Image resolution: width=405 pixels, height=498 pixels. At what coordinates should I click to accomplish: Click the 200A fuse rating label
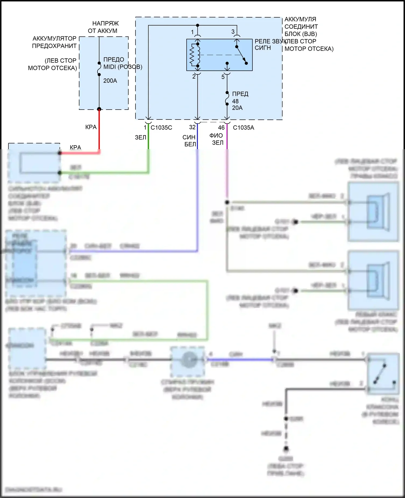(110, 81)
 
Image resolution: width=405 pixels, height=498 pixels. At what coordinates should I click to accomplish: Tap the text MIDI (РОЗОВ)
(123, 67)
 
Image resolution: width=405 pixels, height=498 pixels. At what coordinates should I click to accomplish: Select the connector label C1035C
(161, 128)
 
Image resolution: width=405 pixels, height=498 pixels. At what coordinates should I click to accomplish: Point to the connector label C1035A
(243, 128)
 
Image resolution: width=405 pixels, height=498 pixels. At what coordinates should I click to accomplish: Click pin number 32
(192, 127)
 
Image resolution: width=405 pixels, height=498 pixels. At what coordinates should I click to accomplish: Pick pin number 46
(221, 128)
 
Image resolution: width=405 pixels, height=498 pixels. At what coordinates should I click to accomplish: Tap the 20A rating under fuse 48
(237, 108)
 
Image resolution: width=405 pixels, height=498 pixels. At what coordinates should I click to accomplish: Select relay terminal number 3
(233, 32)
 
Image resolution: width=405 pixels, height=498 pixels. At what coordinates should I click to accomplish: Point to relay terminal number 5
(223, 77)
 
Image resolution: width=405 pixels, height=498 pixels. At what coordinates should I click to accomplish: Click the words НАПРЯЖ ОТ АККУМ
(104, 27)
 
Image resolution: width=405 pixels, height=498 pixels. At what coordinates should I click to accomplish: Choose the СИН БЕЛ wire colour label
(189, 141)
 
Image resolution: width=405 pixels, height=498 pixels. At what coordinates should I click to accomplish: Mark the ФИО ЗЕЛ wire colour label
(217, 139)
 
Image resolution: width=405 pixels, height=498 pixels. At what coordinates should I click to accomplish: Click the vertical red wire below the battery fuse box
(99, 129)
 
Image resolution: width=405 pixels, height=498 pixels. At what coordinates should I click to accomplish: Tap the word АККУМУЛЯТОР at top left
(55, 38)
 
